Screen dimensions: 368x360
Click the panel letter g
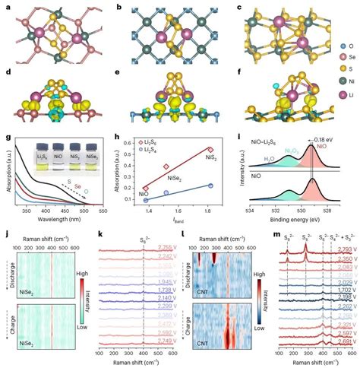(x=7, y=136)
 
